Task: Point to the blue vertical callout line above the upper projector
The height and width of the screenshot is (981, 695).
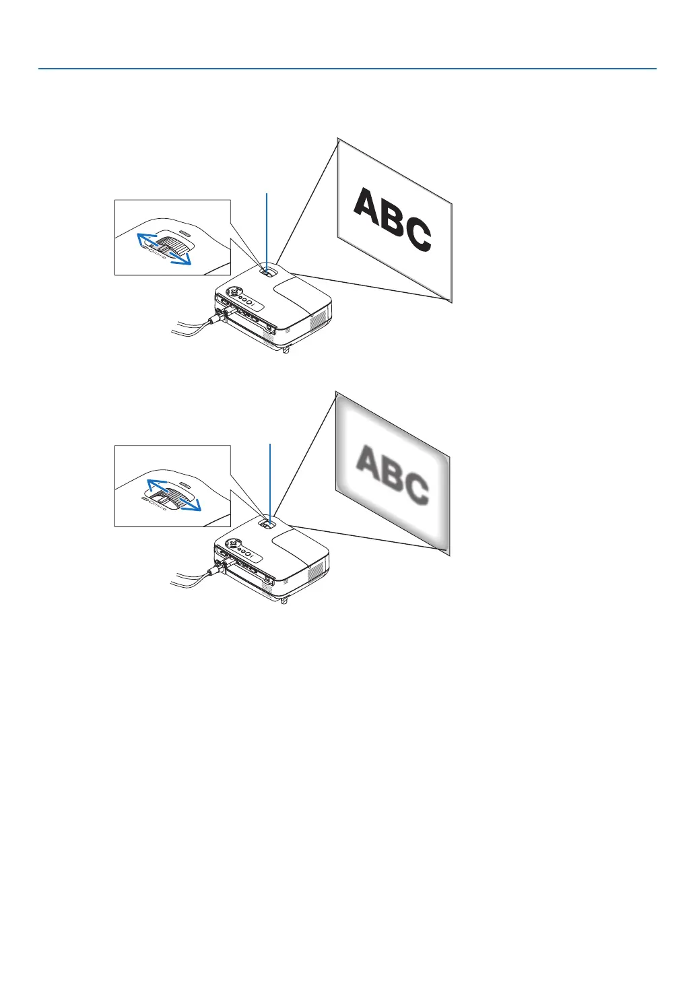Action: tap(267, 229)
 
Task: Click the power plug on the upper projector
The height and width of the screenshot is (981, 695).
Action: tap(218, 318)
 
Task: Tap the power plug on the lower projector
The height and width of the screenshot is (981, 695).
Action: tap(217, 570)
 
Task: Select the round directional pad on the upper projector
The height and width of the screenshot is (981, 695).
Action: tap(233, 292)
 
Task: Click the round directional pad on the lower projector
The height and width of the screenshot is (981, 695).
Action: tap(232, 543)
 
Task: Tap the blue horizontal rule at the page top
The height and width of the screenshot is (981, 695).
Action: tap(347, 69)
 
